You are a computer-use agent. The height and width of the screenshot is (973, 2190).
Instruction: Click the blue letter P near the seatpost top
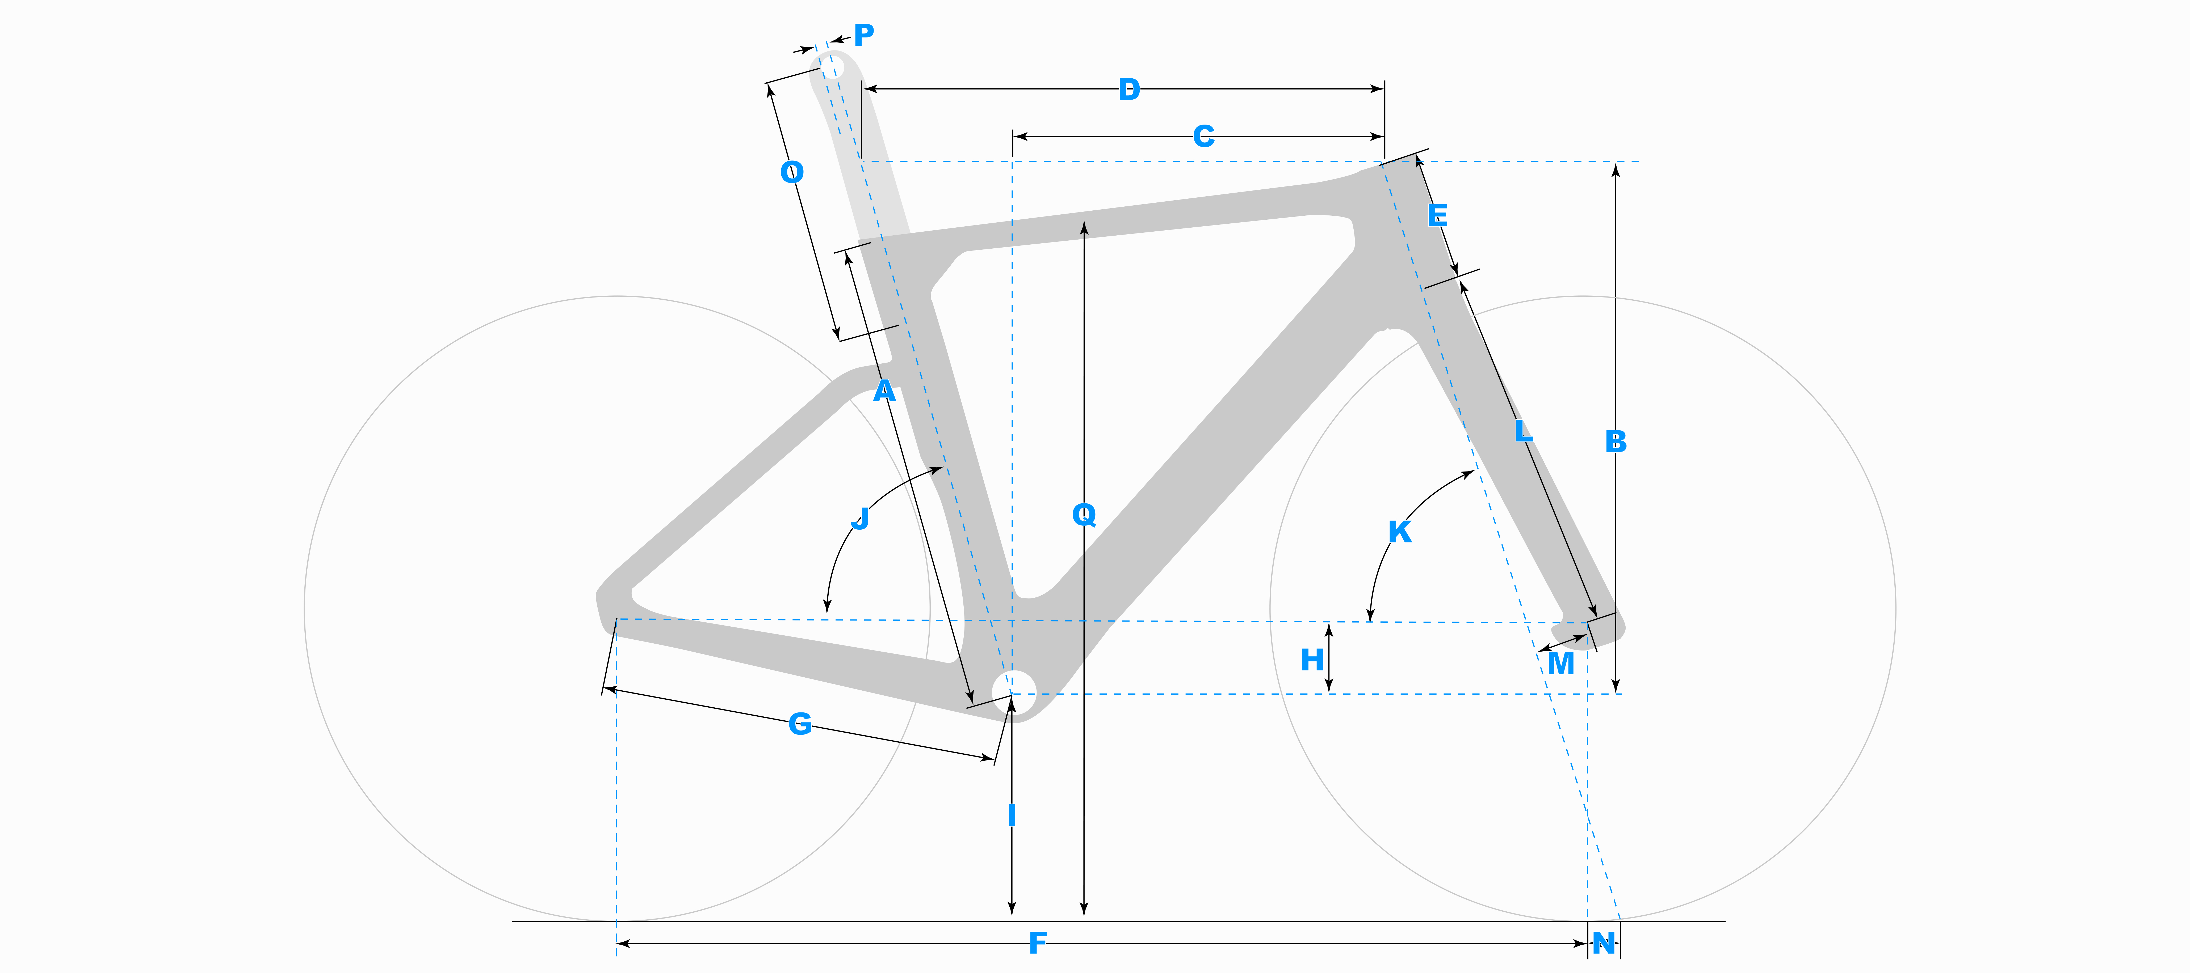(864, 35)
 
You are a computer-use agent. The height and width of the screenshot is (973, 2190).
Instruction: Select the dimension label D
(1129, 89)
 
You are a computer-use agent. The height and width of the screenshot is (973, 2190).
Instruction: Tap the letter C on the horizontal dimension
(1203, 136)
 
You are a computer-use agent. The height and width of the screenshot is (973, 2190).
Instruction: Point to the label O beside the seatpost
(791, 172)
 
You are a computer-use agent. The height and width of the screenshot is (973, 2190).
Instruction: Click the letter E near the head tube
(1437, 215)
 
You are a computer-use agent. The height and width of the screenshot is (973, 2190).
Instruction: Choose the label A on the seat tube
(884, 391)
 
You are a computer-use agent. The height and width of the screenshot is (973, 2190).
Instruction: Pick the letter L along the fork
(1524, 431)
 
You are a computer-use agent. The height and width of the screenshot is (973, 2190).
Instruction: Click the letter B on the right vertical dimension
(1615, 442)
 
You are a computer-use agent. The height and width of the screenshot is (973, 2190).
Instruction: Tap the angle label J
(860, 518)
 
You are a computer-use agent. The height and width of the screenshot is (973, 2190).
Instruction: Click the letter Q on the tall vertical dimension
(1084, 514)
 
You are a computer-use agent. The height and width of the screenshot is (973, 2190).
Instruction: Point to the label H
(1312, 660)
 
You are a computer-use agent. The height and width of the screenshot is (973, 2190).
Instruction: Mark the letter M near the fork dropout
(1560, 663)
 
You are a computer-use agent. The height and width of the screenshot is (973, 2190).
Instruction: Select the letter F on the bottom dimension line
(1037, 942)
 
